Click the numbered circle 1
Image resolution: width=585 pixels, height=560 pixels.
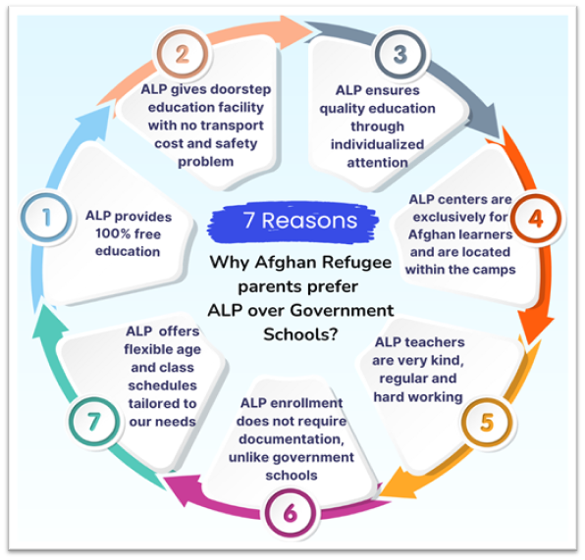pyautogui.click(x=46, y=218)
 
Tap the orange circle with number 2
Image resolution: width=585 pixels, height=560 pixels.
pyautogui.click(x=183, y=55)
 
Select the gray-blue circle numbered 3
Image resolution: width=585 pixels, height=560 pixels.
pyautogui.click(x=400, y=55)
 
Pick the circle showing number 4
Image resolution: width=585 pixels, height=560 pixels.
pyautogui.click(x=535, y=219)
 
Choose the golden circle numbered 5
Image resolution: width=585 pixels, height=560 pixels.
pyautogui.click(x=487, y=423)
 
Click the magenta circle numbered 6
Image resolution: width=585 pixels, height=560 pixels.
pyautogui.click(x=291, y=513)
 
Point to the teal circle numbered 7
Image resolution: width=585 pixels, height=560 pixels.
pyautogui.click(x=94, y=422)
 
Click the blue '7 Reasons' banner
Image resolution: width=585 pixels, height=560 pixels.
pyautogui.click(x=293, y=223)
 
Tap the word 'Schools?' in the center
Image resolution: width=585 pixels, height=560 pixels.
pyautogui.click(x=300, y=334)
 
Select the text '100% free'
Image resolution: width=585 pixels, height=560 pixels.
pyautogui.click(x=128, y=233)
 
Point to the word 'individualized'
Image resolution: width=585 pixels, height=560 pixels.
pyautogui.click(x=377, y=144)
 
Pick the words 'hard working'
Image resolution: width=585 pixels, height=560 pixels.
pyautogui.click(x=418, y=396)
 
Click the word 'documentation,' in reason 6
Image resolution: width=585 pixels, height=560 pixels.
pyautogui.click(x=292, y=438)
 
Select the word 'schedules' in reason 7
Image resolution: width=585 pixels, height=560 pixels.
pyautogui.click(x=162, y=385)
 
